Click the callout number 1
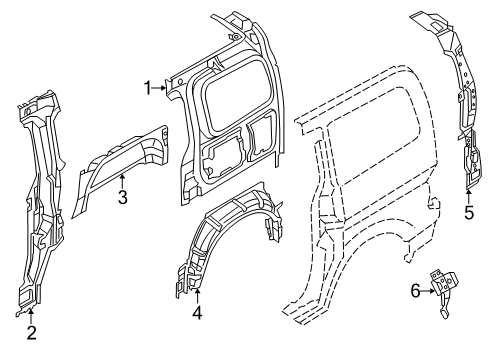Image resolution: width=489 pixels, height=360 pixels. point(148,87)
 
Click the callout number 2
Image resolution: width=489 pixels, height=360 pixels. point(31,333)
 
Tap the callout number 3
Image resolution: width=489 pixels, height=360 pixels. point(122,197)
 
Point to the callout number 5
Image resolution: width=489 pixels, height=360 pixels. point(468,211)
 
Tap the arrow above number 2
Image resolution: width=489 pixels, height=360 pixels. point(31,318)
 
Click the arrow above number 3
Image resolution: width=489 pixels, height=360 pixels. point(121,180)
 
